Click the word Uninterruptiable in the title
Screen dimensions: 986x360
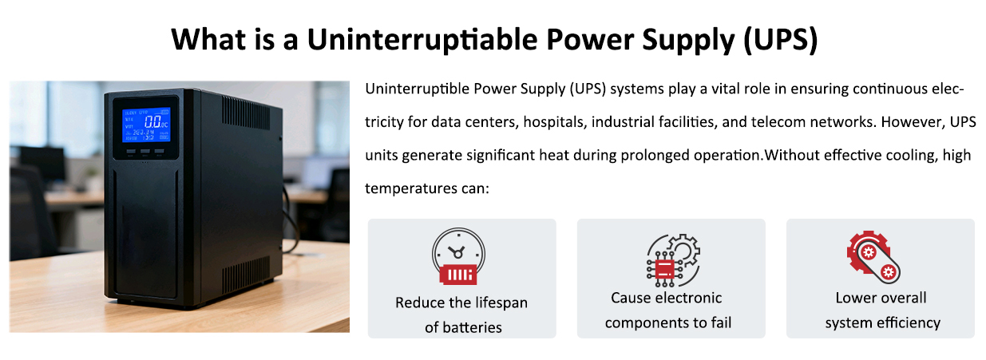(x=422, y=40)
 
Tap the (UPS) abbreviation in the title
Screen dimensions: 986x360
(x=780, y=40)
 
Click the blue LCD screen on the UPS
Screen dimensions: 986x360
(x=146, y=125)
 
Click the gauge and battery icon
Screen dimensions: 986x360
(x=458, y=255)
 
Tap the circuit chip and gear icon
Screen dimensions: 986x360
(x=673, y=260)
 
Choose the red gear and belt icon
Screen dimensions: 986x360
(x=873, y=257)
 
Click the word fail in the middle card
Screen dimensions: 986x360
(x=722, y=322)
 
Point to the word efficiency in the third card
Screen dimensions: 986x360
(x=909, y=323)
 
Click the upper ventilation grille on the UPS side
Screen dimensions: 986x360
(x=246, y=113)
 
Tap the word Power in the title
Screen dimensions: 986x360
(x=589, y=40)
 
